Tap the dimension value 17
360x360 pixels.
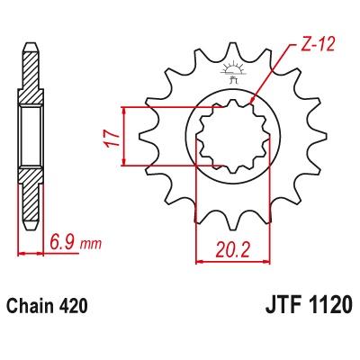(111, 139)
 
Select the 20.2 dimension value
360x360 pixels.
(233, 249)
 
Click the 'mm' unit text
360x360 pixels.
(91, 245)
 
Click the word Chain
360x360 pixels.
(29, 306)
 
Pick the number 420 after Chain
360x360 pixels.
(71, 306)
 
